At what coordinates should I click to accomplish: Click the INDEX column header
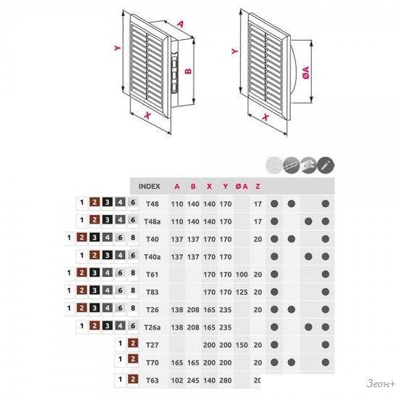click(149, 186)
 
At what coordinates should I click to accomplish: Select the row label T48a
click(152, 221)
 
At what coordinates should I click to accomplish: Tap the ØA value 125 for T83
click(242, 292)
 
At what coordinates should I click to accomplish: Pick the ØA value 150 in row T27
click(242, 345)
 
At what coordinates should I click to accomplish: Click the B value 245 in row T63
click(193, 380)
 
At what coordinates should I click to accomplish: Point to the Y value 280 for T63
click(225, 380)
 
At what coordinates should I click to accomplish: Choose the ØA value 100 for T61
click(242, 274)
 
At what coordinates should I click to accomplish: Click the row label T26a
click(152, 327)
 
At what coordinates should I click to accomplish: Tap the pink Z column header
click(258, 186)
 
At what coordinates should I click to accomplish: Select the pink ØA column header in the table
click(242, 186)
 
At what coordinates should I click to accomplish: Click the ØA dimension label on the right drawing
click(307, 72)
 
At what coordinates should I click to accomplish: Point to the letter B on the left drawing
click(188, 70)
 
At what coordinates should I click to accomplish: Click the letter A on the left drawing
click(180, 24)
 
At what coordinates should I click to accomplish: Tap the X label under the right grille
click(266, 117)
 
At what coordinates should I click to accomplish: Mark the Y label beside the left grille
click(117, 48)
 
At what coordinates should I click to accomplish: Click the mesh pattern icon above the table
click(274, 165)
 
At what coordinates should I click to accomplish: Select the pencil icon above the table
click(326, 165)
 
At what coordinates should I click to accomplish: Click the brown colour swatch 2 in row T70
click(133, 359)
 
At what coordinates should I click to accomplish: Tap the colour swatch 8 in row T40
click(133, 237)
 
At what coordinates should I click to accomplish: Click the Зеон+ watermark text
click(381, 384)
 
